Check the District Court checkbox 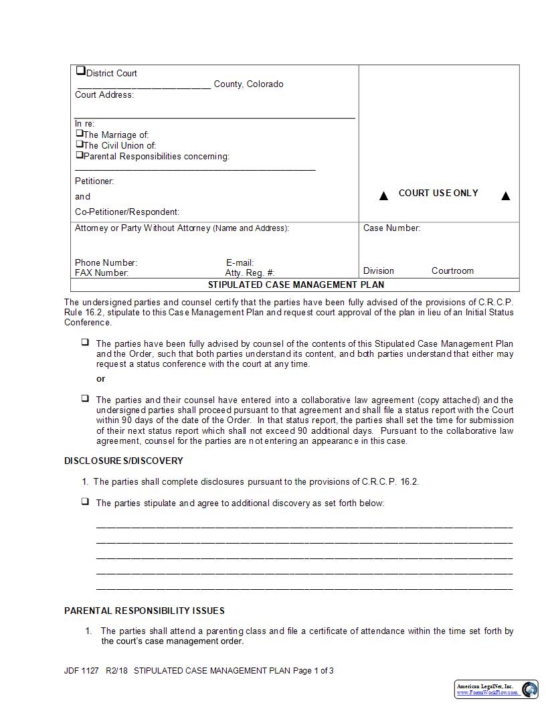coord(81,70)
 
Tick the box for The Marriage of coord(79,133)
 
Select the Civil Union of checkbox coord(79,144)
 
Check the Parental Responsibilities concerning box coord(79,155)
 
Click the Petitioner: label coord(94,181)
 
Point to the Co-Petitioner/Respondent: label coord(127,212)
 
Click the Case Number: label coord(391,228)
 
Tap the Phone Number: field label coord(106,262)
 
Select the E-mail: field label coord(240,262)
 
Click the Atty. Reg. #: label coord(250,272)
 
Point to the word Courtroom coord(452,270)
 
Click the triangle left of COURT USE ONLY coord(383,195)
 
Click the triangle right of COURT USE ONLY coord(506,195)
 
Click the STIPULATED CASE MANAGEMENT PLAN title coord(296,285)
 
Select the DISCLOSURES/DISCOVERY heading coord(124,461)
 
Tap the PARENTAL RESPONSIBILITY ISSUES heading coord(145,611)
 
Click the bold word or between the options coord(101,378)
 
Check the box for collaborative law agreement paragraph coord(85,398)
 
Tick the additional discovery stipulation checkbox coord(85,501)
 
